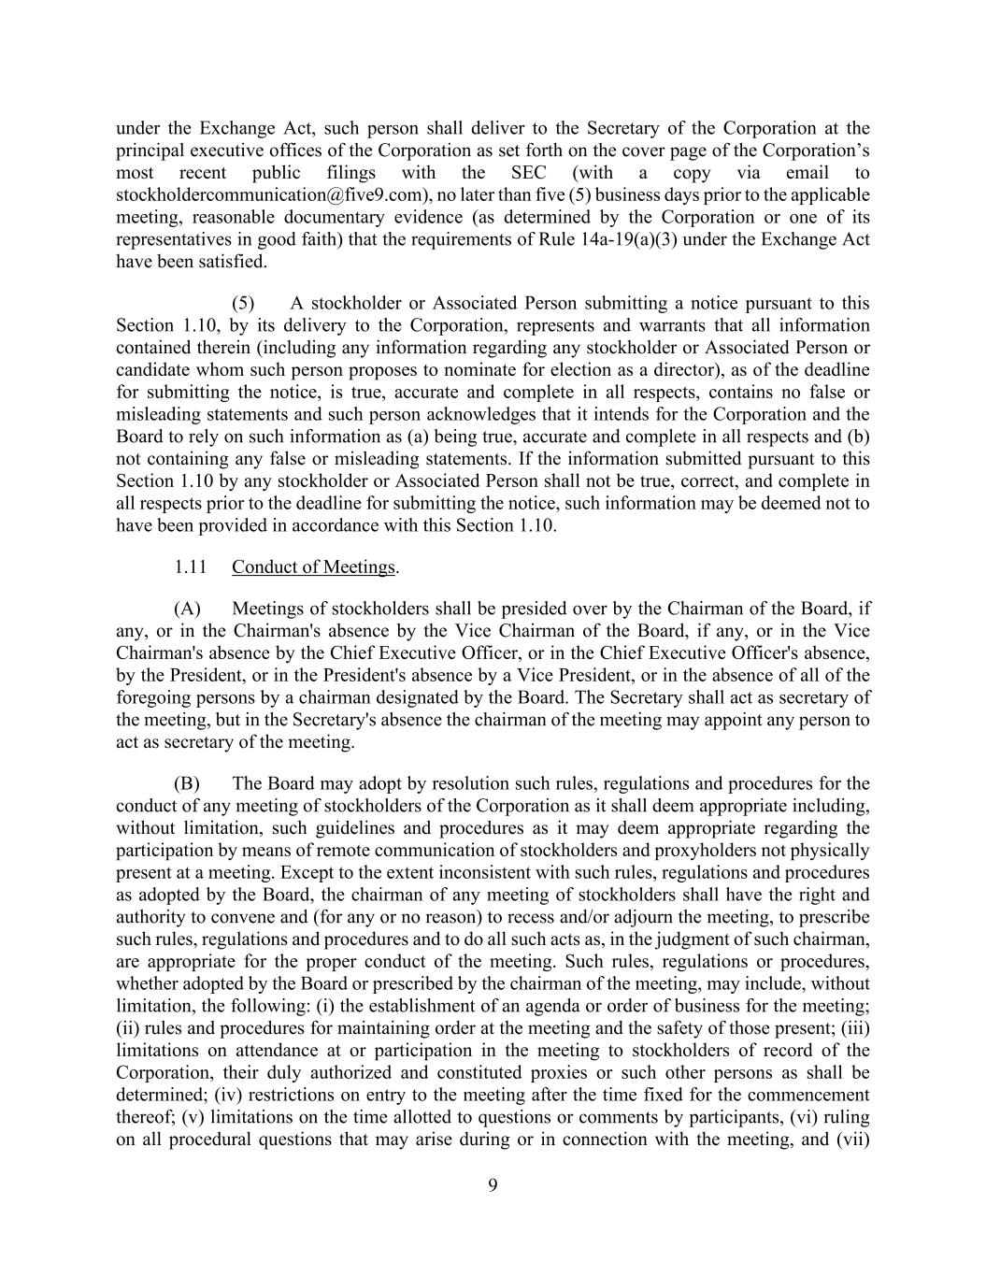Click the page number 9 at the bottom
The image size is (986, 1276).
(493, 1186)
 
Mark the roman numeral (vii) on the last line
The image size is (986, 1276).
(854, 1140)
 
